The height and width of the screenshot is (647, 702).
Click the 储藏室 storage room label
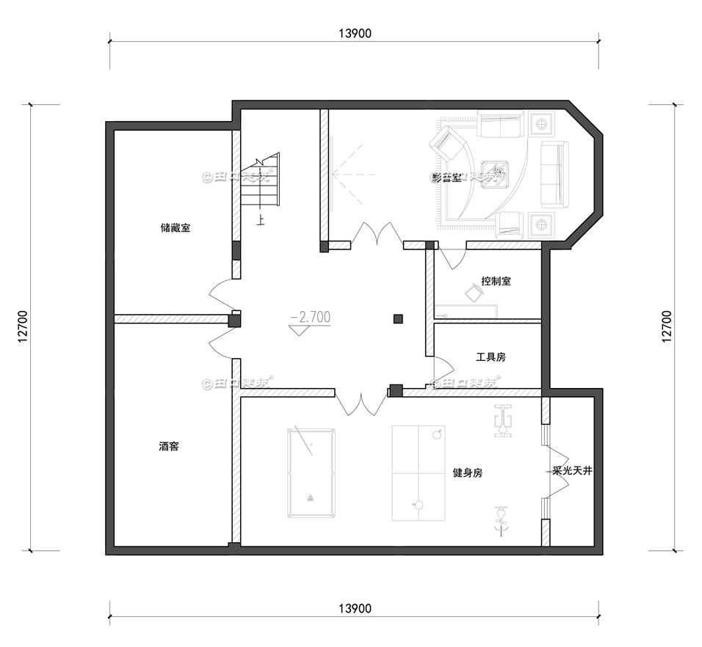coord(175,228)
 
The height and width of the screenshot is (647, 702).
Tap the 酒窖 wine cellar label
coord(169,446)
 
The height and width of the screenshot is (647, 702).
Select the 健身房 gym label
coord(468,473)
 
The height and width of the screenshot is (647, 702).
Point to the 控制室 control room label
coord(496,281)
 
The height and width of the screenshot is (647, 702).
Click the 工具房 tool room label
coord(491,357)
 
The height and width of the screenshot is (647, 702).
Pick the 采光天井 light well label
coord(572,471)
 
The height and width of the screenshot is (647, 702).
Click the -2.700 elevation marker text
coord(311,317)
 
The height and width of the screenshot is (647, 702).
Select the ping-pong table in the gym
coord(419,473)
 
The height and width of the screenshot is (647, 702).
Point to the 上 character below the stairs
coord(261,219)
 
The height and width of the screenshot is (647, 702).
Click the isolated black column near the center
coord(398,318)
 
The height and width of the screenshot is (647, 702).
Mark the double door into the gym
coord(361,403)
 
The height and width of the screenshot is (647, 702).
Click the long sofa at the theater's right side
coord(554,174)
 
